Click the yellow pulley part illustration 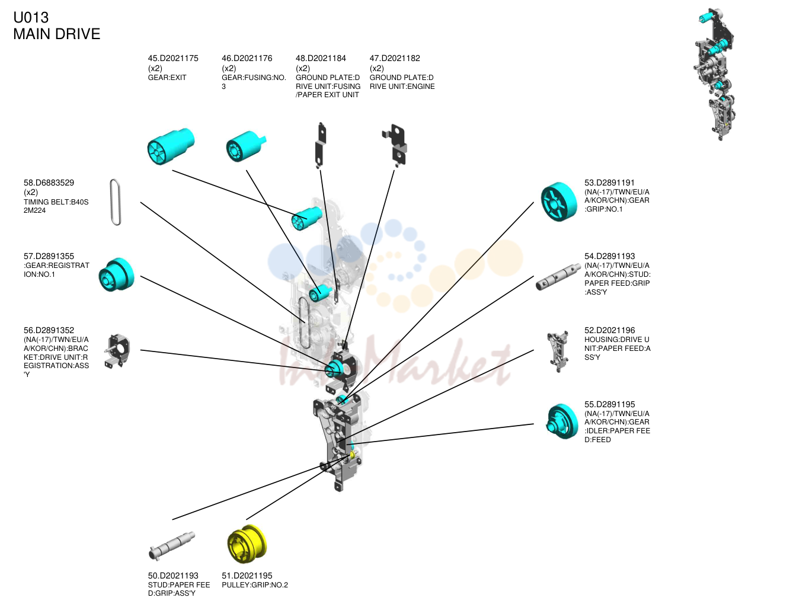[x=247, y=544]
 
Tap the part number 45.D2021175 [x=172, y=58]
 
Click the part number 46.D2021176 [x=247, y=58]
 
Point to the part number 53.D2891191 [x=609, y=183]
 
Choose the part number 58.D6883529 [x=49, y=183]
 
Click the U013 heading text [x=31, y=17]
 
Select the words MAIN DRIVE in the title [x=57, y=34]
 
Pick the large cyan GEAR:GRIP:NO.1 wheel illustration [x=558, y=202]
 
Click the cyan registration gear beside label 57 [x=116, y=274]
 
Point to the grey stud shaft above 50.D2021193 [x=172, y=545]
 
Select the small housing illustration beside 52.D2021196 [x=558, y=351]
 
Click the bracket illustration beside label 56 [x=117, y=351]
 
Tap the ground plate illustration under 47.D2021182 [x=395, y=145]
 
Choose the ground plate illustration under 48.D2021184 [x=321, y=145]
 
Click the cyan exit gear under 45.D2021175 [x=171, y=146]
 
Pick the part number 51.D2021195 [x=247, y=576]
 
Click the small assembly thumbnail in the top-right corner [x=715, y=74]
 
